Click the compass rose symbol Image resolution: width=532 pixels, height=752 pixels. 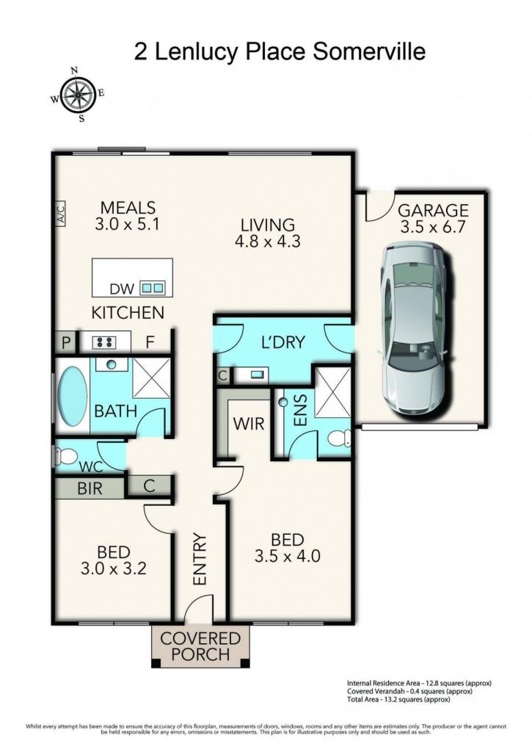tap(77, 95)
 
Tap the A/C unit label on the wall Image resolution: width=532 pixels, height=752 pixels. tap(60, 213)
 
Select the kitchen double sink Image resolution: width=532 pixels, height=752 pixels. tap(153, 288)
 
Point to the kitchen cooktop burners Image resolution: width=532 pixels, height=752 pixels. tap(105, 342)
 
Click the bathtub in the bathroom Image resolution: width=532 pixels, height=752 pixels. tap(73, 396)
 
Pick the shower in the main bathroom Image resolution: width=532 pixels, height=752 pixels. tap(151, 377)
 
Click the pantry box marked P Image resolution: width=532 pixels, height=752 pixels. tap(66, 342)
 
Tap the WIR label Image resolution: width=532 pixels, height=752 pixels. tap(248, 424)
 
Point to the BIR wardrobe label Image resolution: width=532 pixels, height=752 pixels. tap(90, 488)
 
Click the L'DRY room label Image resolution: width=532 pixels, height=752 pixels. tap(283, 342)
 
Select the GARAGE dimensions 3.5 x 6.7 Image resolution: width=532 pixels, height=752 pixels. tap(433, 226)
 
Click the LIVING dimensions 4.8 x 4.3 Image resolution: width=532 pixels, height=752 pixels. tap(267, 240)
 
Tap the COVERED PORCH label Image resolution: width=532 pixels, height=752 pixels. tap(200, 646)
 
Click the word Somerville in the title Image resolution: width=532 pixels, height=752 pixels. tap(369, 51)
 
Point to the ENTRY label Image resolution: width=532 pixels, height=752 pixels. tap(200, 559)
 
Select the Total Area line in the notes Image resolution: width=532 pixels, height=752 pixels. tap(398, 700)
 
